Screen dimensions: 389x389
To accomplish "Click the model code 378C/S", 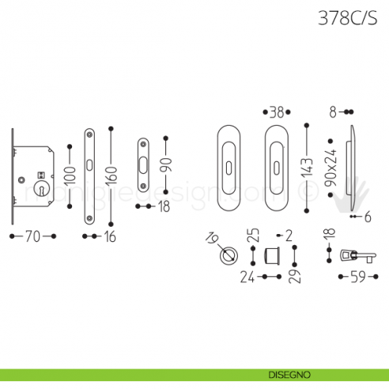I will (x=346, y=17).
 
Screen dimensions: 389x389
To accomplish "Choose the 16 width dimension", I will (x=108, y=236).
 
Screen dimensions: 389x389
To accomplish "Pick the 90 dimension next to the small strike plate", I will (x=165, y=165).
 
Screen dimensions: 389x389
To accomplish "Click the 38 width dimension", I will (x=275, y=112).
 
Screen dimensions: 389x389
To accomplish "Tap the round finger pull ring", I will (x=229, y=256).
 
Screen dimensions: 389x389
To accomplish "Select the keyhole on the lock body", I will (x=39, y=177).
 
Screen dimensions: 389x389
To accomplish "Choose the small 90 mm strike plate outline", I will (x=142, y=165).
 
